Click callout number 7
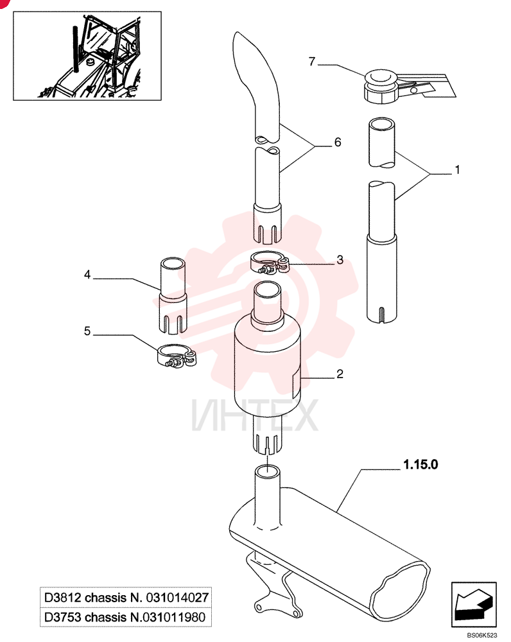coord(312,62)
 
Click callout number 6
coord(338,142)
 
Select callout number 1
coord(457,169)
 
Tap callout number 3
coord(340,259)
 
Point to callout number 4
coord(87,274)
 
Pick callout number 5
coord(87,331)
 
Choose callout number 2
coord(340,374)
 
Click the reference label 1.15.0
coord(420,464)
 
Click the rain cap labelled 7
coord(381,87)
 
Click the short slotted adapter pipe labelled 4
coord(173,295)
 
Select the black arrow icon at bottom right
coord(474,604)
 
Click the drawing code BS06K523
coord(482,636)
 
